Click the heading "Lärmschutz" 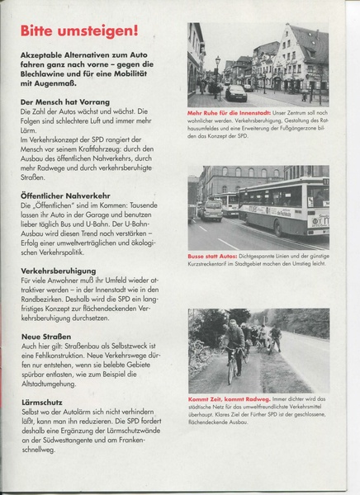(40, 404)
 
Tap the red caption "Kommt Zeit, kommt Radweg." (224, 398)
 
